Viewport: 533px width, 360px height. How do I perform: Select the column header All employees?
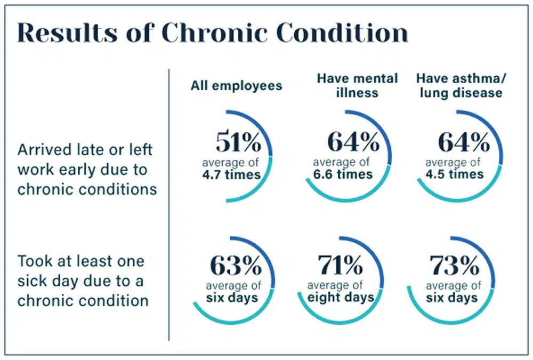tap(236, 86)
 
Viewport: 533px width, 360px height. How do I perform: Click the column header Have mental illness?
tap(358, 85)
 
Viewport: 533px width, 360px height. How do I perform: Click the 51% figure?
tap(238, 142)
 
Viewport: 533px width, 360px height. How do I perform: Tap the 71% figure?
tap(340, 265)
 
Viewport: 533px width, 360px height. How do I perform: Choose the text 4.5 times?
tap(455, 174)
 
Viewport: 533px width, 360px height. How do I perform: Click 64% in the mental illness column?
tap(352, 142)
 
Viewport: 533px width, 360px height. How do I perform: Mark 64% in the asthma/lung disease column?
tap(464, 142)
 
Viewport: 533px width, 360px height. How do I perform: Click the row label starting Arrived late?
tap(87, 169)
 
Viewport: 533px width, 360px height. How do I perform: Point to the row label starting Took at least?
tap(83, 281)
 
